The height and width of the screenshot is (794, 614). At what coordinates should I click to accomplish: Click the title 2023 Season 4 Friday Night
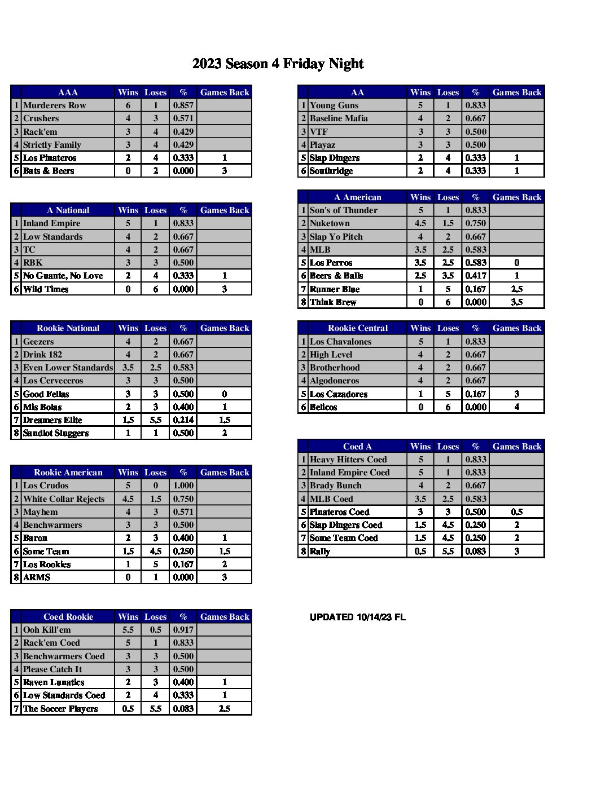click(278, 64)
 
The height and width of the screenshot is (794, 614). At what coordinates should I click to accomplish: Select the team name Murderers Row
click(54, 105)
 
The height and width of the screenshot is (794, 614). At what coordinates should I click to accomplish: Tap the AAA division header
click(68, 92)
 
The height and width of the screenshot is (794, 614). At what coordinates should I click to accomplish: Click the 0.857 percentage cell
click(183, 105)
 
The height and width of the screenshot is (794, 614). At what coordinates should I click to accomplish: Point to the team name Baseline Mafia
click(339, 118)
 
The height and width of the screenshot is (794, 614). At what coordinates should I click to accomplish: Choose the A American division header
click(357, 197)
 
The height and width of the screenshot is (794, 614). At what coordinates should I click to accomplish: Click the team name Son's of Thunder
click(343, 210)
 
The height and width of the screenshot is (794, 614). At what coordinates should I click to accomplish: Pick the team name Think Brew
click(333, 302)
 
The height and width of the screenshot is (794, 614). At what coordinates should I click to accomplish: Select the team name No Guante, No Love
click(63, 276)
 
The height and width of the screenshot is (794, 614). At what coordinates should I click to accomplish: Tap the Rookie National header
click(68, 328)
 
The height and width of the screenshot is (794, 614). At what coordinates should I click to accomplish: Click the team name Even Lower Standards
click(68, 368)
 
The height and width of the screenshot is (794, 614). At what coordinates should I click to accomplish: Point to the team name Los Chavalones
click(340, 342)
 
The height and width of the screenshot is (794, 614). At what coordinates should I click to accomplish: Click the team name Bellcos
click(323, 407)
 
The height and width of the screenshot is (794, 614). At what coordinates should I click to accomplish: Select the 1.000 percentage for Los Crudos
click(183, 486)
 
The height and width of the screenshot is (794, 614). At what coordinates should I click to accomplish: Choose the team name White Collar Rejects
click(64, 499)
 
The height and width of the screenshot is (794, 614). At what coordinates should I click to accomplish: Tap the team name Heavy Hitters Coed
click(348, 460)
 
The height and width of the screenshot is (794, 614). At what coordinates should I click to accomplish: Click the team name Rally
click(320, 552)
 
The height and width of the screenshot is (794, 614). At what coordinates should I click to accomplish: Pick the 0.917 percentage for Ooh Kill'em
click(183, 630)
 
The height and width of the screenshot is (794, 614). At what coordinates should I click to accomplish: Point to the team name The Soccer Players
click(60, 709)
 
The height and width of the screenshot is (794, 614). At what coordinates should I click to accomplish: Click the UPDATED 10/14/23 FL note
click(357, 617)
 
